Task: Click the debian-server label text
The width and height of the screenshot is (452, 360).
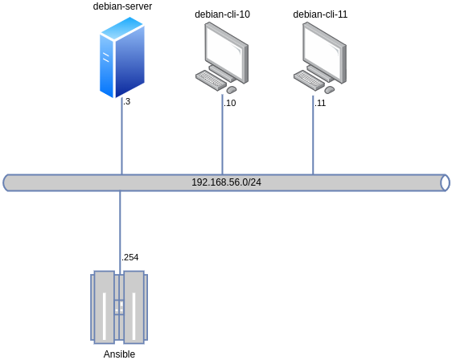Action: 122,6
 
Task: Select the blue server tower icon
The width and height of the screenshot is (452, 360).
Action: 122,57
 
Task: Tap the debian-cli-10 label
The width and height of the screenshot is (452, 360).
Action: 222,14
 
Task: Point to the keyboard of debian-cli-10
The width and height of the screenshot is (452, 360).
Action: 212,80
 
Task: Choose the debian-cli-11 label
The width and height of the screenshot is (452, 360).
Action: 320,14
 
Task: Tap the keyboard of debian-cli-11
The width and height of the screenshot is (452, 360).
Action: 310,80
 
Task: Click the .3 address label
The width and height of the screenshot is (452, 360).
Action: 126,102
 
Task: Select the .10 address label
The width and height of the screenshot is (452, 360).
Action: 229,103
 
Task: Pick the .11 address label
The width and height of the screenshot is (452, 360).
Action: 319,103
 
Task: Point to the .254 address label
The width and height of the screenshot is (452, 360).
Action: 129,257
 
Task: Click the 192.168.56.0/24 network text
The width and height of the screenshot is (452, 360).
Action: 226,182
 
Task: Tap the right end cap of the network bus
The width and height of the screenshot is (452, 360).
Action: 445,182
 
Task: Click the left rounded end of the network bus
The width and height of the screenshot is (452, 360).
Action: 7,182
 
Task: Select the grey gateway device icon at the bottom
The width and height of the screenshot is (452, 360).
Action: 119,307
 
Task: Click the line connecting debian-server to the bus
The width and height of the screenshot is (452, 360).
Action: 121,141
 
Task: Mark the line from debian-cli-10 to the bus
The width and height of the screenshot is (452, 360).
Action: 222,141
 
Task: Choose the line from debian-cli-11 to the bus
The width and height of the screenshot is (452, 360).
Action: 313,141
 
